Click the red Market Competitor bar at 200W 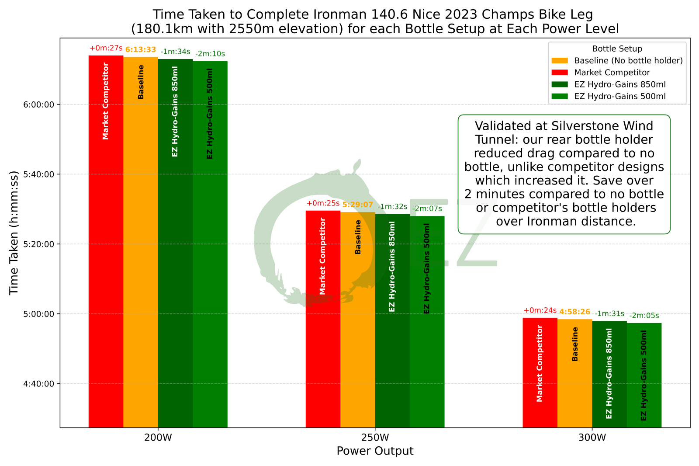[x=106, y=240]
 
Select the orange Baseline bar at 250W [x=357, y=319]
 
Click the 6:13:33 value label [x=141, y=50]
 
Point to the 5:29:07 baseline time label [x=357, y=205]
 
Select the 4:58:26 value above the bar [x=574, y=312]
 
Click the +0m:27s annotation [x=106, y=49]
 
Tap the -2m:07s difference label [x=427, y=209]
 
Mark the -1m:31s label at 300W [x=609, y=314]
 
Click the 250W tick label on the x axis [x=375, y=438]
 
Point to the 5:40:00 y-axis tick [x=38, y=174]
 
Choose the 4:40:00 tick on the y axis [x=38, y=384]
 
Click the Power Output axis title [x=375, y=451]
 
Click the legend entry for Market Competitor [x=612, y=73]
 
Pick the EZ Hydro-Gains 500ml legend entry [x=619, y=96]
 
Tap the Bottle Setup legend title [x=617, y=49]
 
